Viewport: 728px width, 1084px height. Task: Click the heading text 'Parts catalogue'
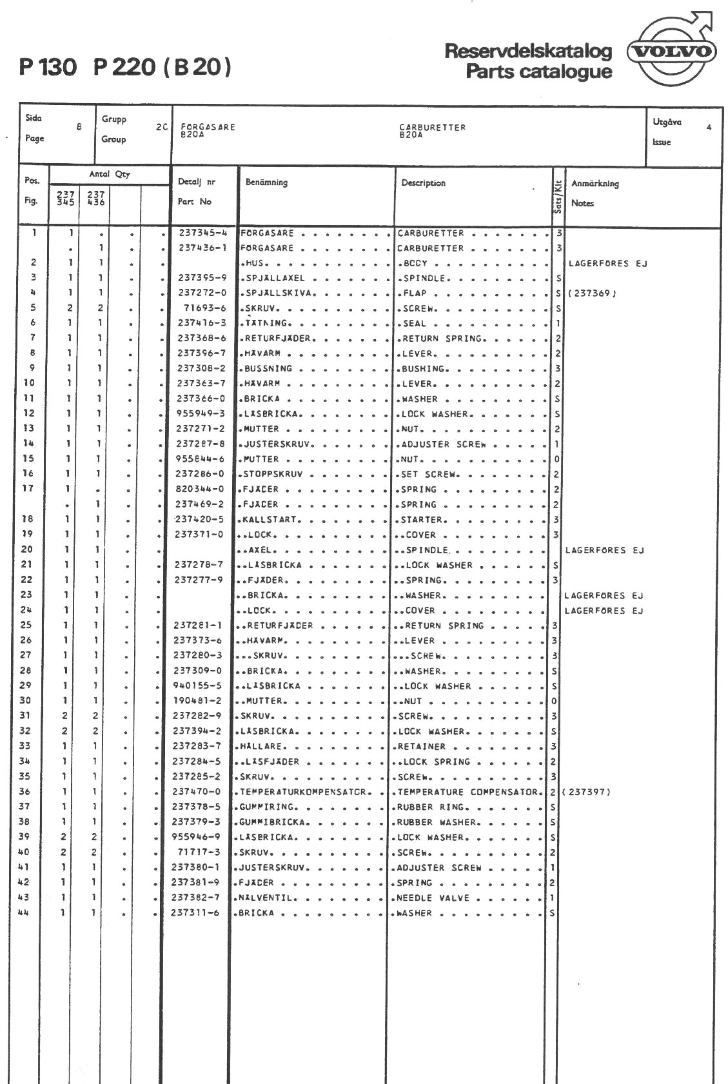click(538, 71)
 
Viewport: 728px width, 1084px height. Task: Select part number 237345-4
click(202, 233)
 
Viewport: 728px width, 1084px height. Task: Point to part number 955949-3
click(201, 414)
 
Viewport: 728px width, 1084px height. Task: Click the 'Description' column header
click(423, 183)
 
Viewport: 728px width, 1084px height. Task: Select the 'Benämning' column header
click(266, 182)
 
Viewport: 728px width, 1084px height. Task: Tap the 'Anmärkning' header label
click(595, 184)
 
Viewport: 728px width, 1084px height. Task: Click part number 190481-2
click(197, 701)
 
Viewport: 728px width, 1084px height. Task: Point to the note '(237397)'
click(585, 792)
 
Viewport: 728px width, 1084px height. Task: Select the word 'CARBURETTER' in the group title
click(432, 127)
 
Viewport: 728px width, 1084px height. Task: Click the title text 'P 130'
click(48, 67)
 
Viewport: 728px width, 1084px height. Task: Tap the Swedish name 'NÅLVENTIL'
click(266, 898)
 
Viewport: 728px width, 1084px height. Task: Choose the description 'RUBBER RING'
click(430, 807)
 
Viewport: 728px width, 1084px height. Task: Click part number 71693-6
click(204, 308)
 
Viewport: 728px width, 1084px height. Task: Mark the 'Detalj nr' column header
click(197, 182)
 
